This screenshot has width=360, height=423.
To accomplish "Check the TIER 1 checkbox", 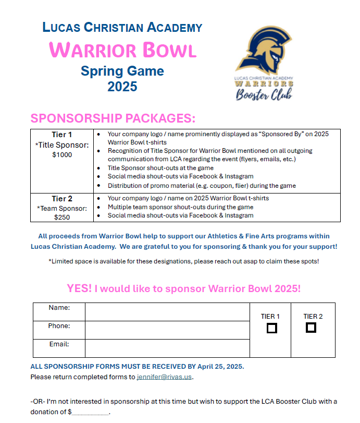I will [271, 328].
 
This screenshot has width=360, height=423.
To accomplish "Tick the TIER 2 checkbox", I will [311, 328].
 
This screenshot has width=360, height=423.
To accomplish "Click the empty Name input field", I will [167, 312].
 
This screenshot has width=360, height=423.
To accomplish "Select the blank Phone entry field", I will [167, 330].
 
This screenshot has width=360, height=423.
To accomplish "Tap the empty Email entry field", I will [167, 348].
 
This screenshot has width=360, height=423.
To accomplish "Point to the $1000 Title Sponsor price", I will [62, 155].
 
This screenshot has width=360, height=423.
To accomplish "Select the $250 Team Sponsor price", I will [62, 217].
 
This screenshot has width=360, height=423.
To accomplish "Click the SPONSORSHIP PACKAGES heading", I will [113, 118].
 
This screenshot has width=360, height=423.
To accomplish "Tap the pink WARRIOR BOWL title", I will [122, 50].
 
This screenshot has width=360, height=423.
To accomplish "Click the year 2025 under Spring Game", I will [122, 87].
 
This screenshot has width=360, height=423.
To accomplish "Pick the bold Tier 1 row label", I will [62, 135].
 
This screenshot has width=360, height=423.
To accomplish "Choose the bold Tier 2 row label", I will [62, 199].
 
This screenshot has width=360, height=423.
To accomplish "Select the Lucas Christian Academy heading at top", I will [122, 28].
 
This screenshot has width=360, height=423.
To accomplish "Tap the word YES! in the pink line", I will [78, 288].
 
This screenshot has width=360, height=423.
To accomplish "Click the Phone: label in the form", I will [59, 326].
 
